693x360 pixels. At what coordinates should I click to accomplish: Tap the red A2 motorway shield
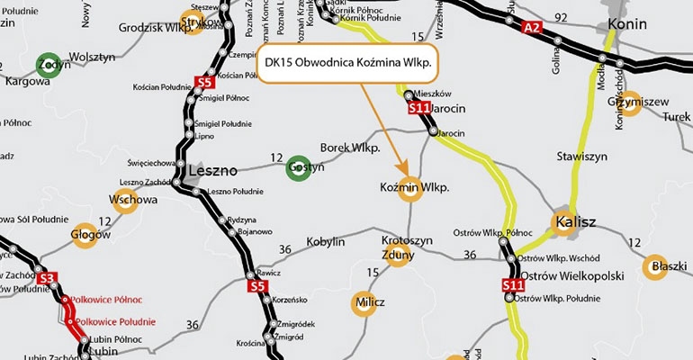pyautogui.click(x=532, y=29)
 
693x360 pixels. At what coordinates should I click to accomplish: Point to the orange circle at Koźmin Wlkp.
pyautogui.click(x=411, y=190)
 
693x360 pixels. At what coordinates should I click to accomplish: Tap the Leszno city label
pyautogui.click(x=212, y=169)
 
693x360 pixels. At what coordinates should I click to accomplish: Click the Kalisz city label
pyautogui.click(x=578, y=221)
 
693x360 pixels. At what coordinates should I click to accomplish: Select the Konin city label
pyautogui.click(x=627, y=23)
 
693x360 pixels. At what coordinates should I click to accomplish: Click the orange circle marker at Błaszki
pyautogui.click(x=658, y=267)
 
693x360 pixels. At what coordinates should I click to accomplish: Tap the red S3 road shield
pyautogui.click(x=49, y=278)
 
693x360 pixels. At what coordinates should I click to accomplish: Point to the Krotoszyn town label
pyautogui.click(x=407, y=241)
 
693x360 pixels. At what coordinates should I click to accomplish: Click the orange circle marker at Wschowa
pyautogui.click(x=126, y=200)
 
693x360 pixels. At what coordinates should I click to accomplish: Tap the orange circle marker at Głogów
pyautogui.click(x=84, y=235)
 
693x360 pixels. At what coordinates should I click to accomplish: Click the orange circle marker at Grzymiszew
pyautogui.click(x=630, y=102)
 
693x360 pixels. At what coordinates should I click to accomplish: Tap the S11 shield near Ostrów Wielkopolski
pyautogui.click(x=513, y=286)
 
